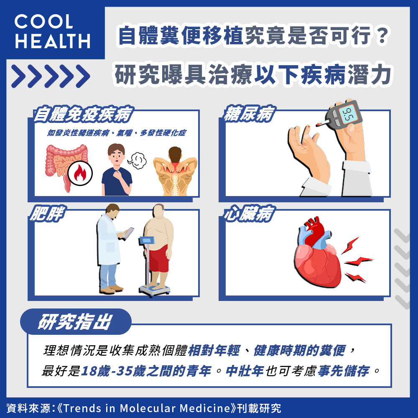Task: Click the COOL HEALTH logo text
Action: pyautogui.click(x=53, y=31)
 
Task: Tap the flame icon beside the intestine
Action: pyautogui.click(x=80, y=173)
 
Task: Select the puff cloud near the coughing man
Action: pyautogui.click(x=137, y=160)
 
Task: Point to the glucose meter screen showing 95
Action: pyautogui.click(x=348, y=114)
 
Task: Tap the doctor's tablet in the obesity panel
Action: pyautogui.click(x=129, y=233)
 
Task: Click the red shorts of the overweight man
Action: pyautogui.click(x=159, y=258)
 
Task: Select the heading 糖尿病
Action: pyautogui.click(x=249, y=114)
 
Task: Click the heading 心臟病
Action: pyautogui.click(x=249, y=214)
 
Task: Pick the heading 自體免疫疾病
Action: pyautogui.click(x=83, y=115)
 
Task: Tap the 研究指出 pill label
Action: pyautogui.click(x=76, y=321)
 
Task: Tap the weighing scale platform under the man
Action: pyautogui.click(x=155, y=290)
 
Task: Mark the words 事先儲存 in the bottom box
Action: pyautogui.click(x=343, y=371)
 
